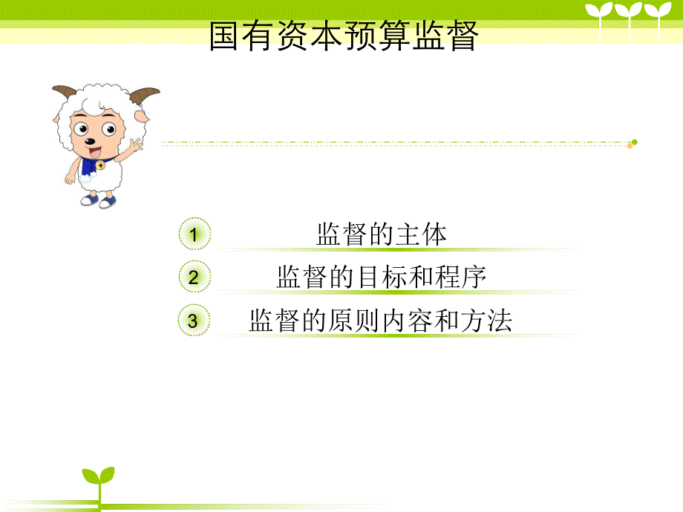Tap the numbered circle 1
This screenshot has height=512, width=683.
tap(194, 235)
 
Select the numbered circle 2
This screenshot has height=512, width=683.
tap(194, 278)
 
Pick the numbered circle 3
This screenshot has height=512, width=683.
tap(194, 321)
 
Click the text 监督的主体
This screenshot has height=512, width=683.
tap(382, 234)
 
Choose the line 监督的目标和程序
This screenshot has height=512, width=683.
tap(382, 278)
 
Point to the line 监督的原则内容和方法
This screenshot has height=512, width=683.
tap(381, 321)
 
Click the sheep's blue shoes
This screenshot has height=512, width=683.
tap(97, 200)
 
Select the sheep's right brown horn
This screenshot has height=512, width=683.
tap(145, 97)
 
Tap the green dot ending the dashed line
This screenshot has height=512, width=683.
tap(634, 142)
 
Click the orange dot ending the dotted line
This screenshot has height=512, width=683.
tap(630, 146)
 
